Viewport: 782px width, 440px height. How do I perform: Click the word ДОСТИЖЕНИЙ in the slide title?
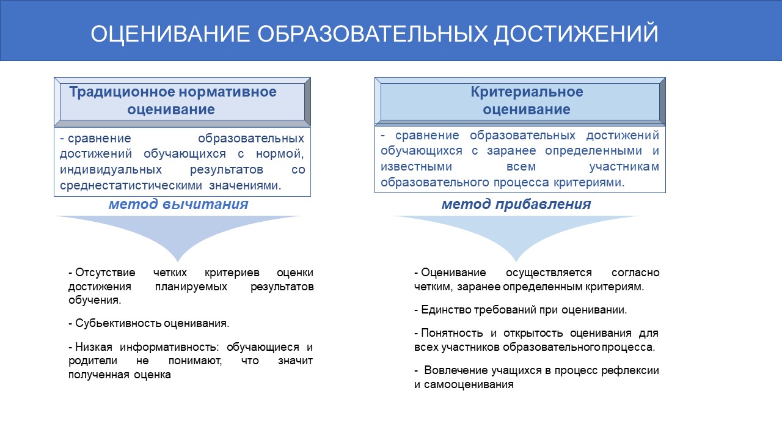click(576, 34)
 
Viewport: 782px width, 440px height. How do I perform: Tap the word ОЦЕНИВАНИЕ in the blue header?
click(170, 34)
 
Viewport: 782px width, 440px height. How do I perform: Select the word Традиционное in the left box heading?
click(122, 92)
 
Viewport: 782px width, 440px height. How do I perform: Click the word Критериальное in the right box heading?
click(527, 92)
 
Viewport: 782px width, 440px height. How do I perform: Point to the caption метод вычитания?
click(178, 204)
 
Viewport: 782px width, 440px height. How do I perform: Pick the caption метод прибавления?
click(516, 204)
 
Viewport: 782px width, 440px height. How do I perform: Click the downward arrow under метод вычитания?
click(178, 238)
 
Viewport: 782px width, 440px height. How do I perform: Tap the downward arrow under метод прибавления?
click(516, 238)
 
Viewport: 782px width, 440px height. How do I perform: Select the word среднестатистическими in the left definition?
click(131, 185)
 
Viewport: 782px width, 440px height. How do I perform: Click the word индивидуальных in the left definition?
click(111, 169)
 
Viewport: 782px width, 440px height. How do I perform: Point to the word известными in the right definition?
click(416, 167)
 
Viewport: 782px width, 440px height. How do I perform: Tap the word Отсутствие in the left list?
click(105, 273)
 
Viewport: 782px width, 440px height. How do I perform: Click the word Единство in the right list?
click(447, 310)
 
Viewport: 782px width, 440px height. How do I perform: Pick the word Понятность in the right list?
click(451, 333)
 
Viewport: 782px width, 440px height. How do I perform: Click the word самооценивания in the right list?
click(469, 384)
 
